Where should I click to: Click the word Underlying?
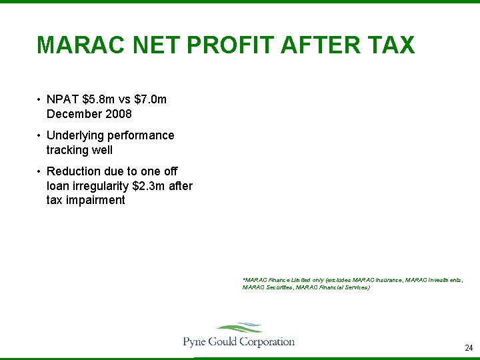coord(79,136)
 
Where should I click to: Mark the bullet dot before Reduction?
coord(40,173)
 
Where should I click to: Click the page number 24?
coord(468,348)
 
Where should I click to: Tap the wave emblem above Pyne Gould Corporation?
coord(239,328)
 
